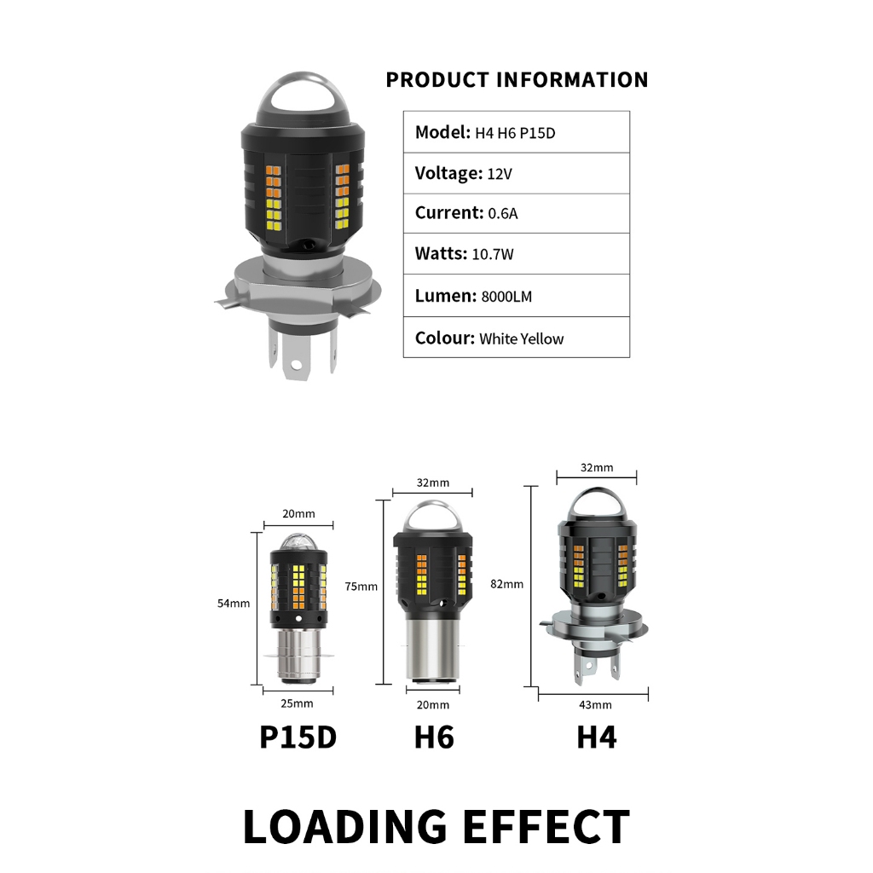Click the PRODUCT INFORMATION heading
[x=517, y=79]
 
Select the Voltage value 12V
[x=500, y=174]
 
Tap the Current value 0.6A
[x=503, y=213]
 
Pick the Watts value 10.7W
[x=493, y=254]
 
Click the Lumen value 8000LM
[x=506, y=296]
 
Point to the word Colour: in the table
[x=445, y=338]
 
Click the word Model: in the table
[x=443, y=132]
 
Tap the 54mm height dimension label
[x=234, y=603]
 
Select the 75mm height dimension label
[x=361, y=587]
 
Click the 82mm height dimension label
[x=506, y=584]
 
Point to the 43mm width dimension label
[x=595, y=705]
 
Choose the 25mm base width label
[x=297, y=703]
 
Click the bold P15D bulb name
[x=298, y=737]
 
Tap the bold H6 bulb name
[x=434, y=737]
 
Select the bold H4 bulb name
[x=597, y=737]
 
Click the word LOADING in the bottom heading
[x=345, y=827]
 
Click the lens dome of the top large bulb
[x=303, y=95]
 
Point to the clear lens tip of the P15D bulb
[x=298, y=542]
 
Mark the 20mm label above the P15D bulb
[x=298, y=513]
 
